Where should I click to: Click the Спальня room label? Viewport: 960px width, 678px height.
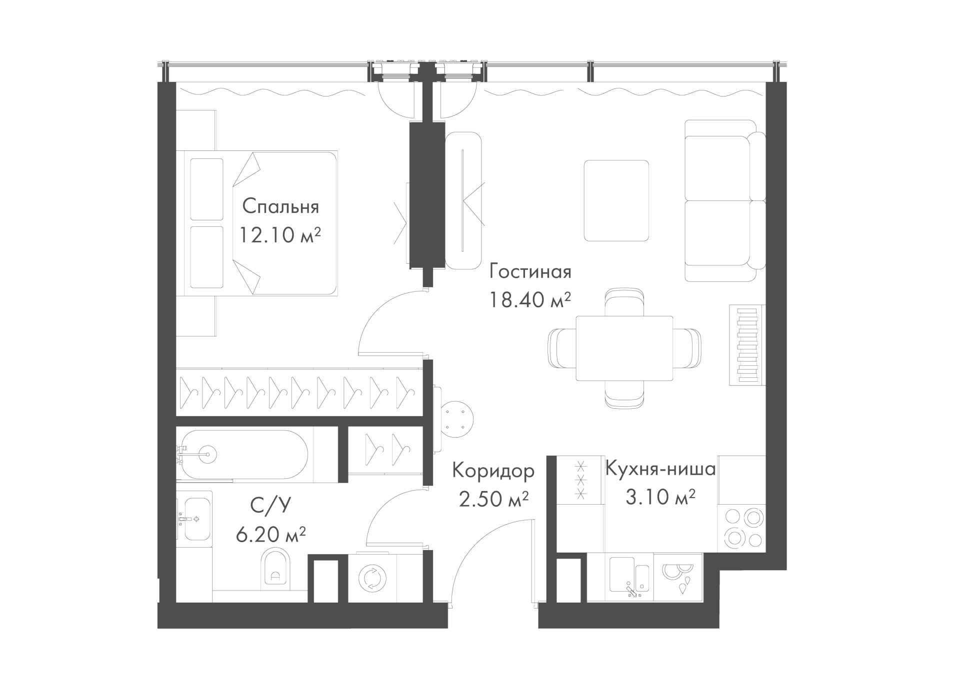(x=280, y=207)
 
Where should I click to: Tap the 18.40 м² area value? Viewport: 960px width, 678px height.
(x=530, y=300)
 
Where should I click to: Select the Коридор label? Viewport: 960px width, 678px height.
(x=493, y=471)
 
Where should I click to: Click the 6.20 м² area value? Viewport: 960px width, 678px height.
(x=270, y=535)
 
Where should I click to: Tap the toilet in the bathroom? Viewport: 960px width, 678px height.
(x=275, y=568)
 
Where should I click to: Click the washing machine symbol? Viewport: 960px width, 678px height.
(x=372, y=578)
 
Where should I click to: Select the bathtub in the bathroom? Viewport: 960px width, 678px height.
(x=244, y=454)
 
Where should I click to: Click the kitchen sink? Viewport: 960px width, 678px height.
(x=629, y=578)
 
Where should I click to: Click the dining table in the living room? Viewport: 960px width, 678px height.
(x=624, y=348)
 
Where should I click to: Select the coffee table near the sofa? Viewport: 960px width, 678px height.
(x=616, y=200)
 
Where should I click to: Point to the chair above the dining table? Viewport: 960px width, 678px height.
(x=624, y=302)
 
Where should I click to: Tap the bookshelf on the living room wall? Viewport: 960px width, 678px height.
(x=747, y=345)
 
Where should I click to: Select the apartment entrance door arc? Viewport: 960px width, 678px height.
(x=468, y=548)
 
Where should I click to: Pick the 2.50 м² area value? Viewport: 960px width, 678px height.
(x=493, y=499)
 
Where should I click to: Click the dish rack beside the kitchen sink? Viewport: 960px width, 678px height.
(x=677, y=578)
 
